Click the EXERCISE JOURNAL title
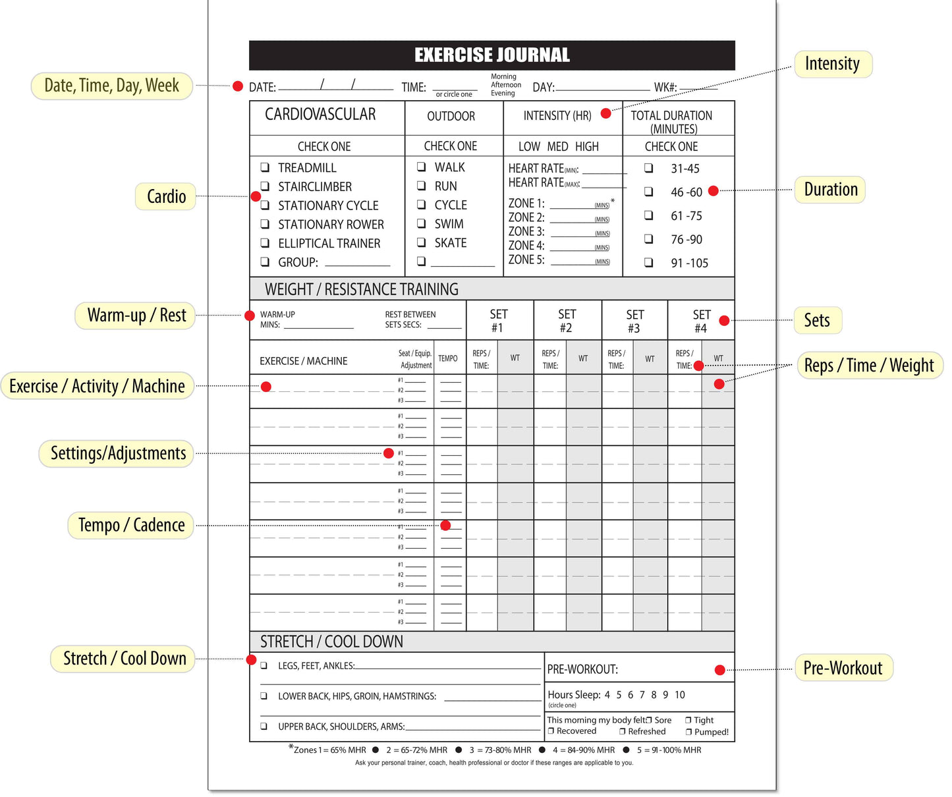[491, 55]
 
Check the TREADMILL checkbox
[265, 167]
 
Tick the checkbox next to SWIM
[421, 224]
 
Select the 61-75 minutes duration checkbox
[649, 215]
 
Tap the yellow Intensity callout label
[833, 64]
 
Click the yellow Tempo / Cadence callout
[131, 525]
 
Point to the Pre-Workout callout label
[843, 668]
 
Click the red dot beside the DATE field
[238, 86]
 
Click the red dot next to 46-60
[714, 191]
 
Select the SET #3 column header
[634, 321]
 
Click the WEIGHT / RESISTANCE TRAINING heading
[361, 289]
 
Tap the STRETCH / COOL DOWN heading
[331, 642]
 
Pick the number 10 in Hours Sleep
[680, 695]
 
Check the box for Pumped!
[688, 732]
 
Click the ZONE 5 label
[526, 260]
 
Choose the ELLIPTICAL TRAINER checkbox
[265, 243]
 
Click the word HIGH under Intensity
[587, 146]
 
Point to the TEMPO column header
[448, 358]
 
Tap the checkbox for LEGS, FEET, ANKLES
[264, 665]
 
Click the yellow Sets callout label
[817, 320]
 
